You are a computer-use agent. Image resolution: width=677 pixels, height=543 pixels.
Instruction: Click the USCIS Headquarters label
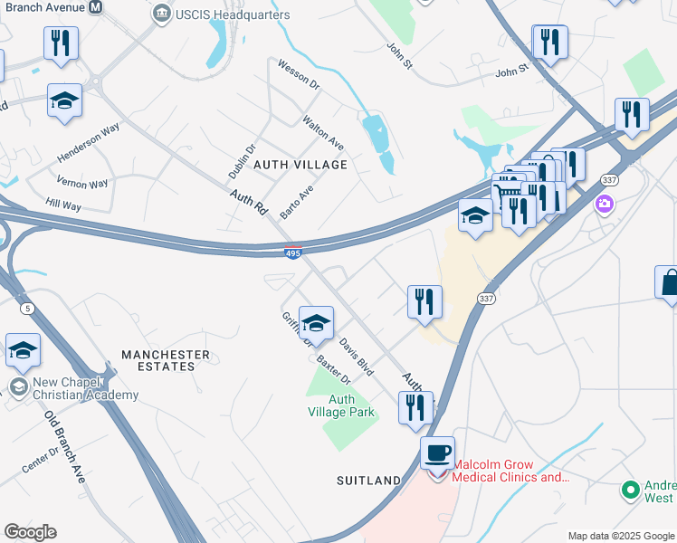(x=233, y=14)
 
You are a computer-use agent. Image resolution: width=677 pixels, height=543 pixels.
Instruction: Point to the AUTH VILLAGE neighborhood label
(x=300, y=165)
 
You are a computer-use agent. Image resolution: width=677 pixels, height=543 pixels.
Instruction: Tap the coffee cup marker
(x=438, y=452)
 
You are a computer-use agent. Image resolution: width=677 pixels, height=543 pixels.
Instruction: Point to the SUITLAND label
(x=368, y=480)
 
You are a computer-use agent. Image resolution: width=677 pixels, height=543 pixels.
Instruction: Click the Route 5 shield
(x=28, y=309)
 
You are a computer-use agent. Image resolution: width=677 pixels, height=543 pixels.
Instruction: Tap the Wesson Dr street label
(x=299, y=74)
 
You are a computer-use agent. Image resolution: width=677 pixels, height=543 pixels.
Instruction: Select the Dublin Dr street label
(x=242, y=160)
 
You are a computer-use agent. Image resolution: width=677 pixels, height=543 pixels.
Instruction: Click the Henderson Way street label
(x=89, y=141)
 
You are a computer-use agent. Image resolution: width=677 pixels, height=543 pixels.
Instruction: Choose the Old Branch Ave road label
(x=64, y=447)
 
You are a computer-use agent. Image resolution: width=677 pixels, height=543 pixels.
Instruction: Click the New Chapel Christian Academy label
(x=85, y=388)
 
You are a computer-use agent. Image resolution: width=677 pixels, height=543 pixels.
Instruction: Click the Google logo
(x=30, y=532)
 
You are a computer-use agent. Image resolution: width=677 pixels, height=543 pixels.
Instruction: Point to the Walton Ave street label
(x=323, y=132)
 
